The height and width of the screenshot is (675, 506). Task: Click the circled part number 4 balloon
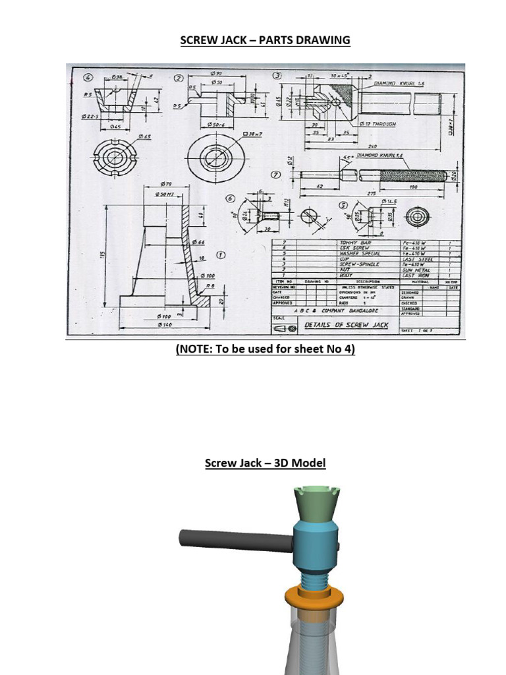point(88,77)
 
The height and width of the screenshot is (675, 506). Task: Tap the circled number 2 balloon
point(178,78)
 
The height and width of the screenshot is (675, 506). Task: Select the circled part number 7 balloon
point(276,175)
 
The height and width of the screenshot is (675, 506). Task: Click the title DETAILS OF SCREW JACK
point(346,325)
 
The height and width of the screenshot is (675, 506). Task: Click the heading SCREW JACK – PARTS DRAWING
point(266,40)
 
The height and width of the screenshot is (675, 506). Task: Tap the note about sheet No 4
point(266,349)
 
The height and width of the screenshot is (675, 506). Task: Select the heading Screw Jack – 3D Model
point(266,463)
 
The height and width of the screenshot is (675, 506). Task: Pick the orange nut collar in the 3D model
point(313,597)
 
